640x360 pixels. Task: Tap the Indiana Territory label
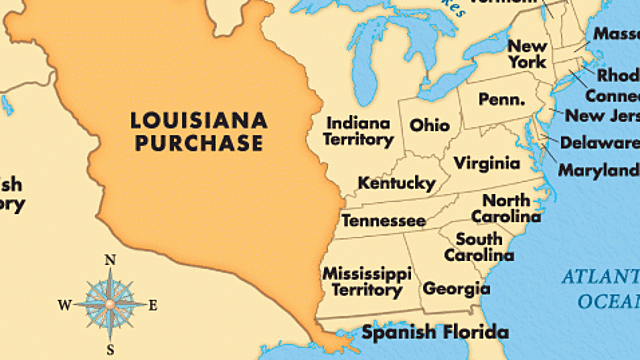pyautogui.click(x=358, y=131)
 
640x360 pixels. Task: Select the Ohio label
pyautogui.click(x=428, y=125)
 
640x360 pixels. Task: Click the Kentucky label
pyautogui.click(x=396, y=184)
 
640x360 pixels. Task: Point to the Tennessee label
pyautogui.click(x=384, y=221)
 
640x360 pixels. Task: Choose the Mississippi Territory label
pyautogui.click(x=366, y=281)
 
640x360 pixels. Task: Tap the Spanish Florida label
pyautogui.click(x=435, y=332)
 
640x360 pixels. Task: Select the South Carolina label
pyautogui.click(x=479, y=247)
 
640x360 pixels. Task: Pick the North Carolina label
pyautogui.click(x=506, y=209)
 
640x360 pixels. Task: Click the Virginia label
pyautogui.click(x=486, y=163)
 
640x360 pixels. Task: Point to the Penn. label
pyautogui.click(x=501, y=101)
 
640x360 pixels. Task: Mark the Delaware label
pyautogui.click(x=598, y=142)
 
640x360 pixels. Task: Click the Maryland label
pyautogui.click(x=598, y=170)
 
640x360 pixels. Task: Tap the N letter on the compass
pyautogui.click(x=109, y=261)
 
